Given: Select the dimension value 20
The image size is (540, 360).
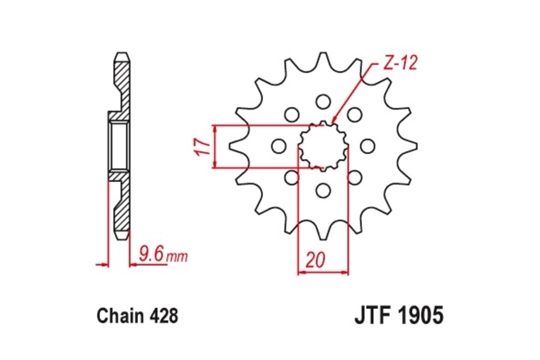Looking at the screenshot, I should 315,261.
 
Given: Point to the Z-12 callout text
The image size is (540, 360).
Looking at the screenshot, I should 400,63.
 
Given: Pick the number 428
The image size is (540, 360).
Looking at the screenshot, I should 163,316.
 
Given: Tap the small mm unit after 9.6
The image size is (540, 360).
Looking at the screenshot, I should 177,257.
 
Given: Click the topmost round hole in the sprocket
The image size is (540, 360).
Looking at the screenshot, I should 323,101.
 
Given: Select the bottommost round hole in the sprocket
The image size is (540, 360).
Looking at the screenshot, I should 323,190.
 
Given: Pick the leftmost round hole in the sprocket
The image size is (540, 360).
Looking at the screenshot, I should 279,146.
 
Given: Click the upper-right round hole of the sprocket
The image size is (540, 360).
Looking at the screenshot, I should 355,114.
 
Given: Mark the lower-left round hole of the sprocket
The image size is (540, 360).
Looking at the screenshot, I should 292,177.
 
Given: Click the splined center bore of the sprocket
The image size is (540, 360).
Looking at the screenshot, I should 323,146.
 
